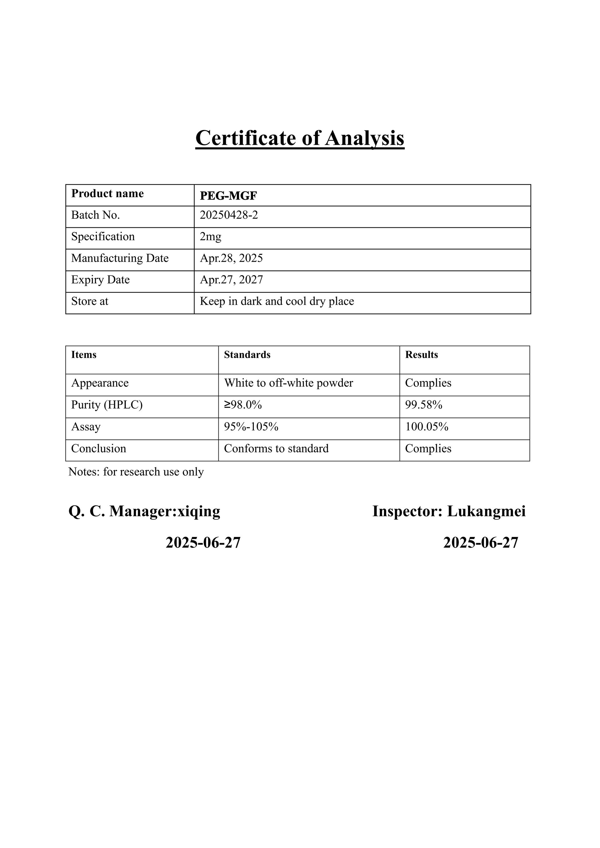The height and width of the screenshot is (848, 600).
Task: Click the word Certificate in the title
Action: pos(246,138)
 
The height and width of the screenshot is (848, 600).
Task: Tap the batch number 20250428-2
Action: pos(229,215)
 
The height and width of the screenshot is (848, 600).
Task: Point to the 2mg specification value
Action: pos(210,236)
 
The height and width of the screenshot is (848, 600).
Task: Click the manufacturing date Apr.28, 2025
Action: pos(231,258)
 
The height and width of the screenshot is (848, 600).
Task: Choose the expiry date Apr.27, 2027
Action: pos(231,280)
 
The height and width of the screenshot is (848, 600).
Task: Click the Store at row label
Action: pos(89,301)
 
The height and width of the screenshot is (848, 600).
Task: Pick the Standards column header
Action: pos(247,355)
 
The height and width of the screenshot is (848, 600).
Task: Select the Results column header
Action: pos(421,355)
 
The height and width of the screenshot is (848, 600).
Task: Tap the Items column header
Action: pos(83,355)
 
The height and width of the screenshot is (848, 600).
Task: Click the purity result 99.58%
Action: pos(423,405)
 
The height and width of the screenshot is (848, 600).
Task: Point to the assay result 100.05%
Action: pos(426,427)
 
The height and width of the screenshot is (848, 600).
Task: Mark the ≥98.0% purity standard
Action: pos(243,405)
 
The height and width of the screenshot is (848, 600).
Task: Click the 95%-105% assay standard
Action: pos(251,427)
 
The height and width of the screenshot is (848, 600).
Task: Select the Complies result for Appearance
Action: pos(428,383)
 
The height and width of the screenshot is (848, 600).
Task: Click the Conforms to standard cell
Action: pos(276,449)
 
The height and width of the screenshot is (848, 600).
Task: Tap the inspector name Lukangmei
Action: pos(486,511)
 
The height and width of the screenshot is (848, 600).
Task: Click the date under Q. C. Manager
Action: pos(203,543)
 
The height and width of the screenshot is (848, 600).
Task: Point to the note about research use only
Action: pos(136,472)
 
